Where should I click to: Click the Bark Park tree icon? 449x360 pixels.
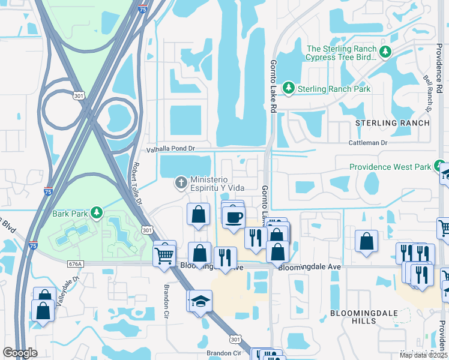[95, 213]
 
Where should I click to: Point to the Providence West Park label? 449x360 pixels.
[391, 167]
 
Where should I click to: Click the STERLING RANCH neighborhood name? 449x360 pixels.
[393, 123]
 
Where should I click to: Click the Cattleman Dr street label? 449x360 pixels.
[369, 143]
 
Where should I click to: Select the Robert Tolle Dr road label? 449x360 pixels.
[137, 182]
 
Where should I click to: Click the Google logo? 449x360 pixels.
[20, 353]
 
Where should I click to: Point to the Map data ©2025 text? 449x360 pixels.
[424, 355]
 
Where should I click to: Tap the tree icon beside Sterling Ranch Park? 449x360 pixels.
[289, 89]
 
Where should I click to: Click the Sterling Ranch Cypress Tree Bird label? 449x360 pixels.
[341, 53]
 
